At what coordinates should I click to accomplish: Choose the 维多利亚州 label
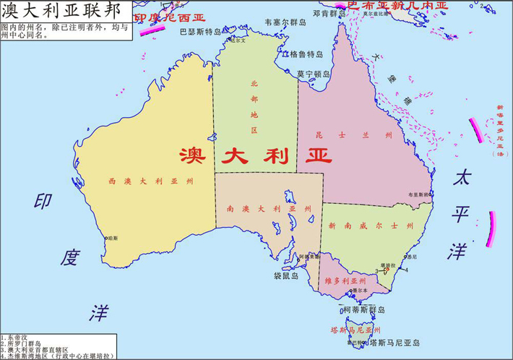345,280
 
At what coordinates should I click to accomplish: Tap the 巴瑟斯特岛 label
200,32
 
